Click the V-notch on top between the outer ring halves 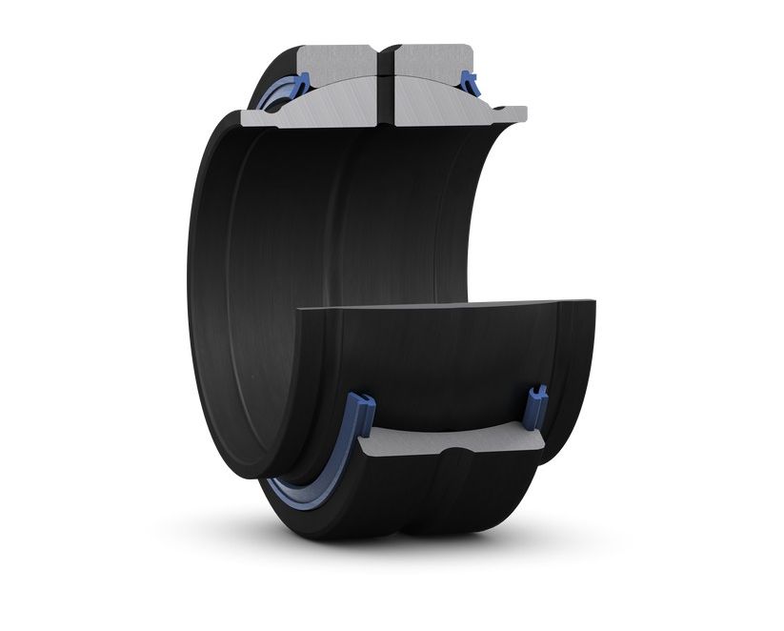click(388, 48)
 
